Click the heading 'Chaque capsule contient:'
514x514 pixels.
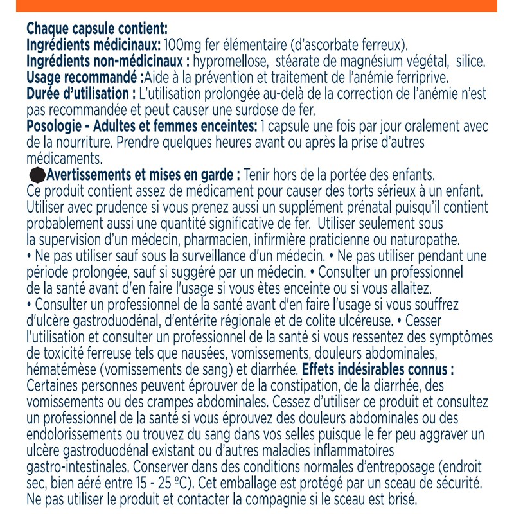click(96, 30)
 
